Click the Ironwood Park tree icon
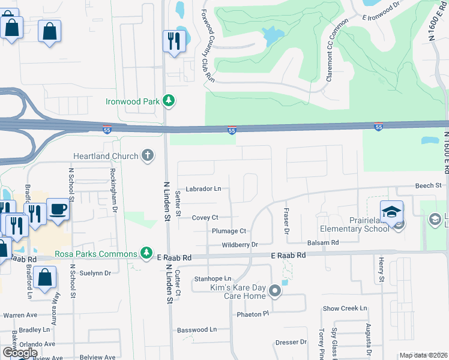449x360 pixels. tap(169, 101)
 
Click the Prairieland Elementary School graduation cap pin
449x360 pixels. tap(391, 212)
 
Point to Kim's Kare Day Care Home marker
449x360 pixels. tap(275, 292)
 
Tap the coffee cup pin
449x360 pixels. tap(58, 209)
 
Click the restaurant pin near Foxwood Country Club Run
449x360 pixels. tap(173, 41)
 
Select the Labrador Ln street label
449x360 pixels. tap(203, 188)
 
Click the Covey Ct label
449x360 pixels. tap(205, 217)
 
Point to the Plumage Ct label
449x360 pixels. tap(229, 231)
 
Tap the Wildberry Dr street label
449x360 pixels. tap(240, 245)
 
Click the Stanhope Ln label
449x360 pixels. tap(212, 279)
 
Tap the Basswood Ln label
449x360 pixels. tap(197, 329)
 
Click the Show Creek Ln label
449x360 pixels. tap(345, 308)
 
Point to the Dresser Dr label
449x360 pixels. tap(291, 342)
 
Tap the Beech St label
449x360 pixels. tap(429, 186)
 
